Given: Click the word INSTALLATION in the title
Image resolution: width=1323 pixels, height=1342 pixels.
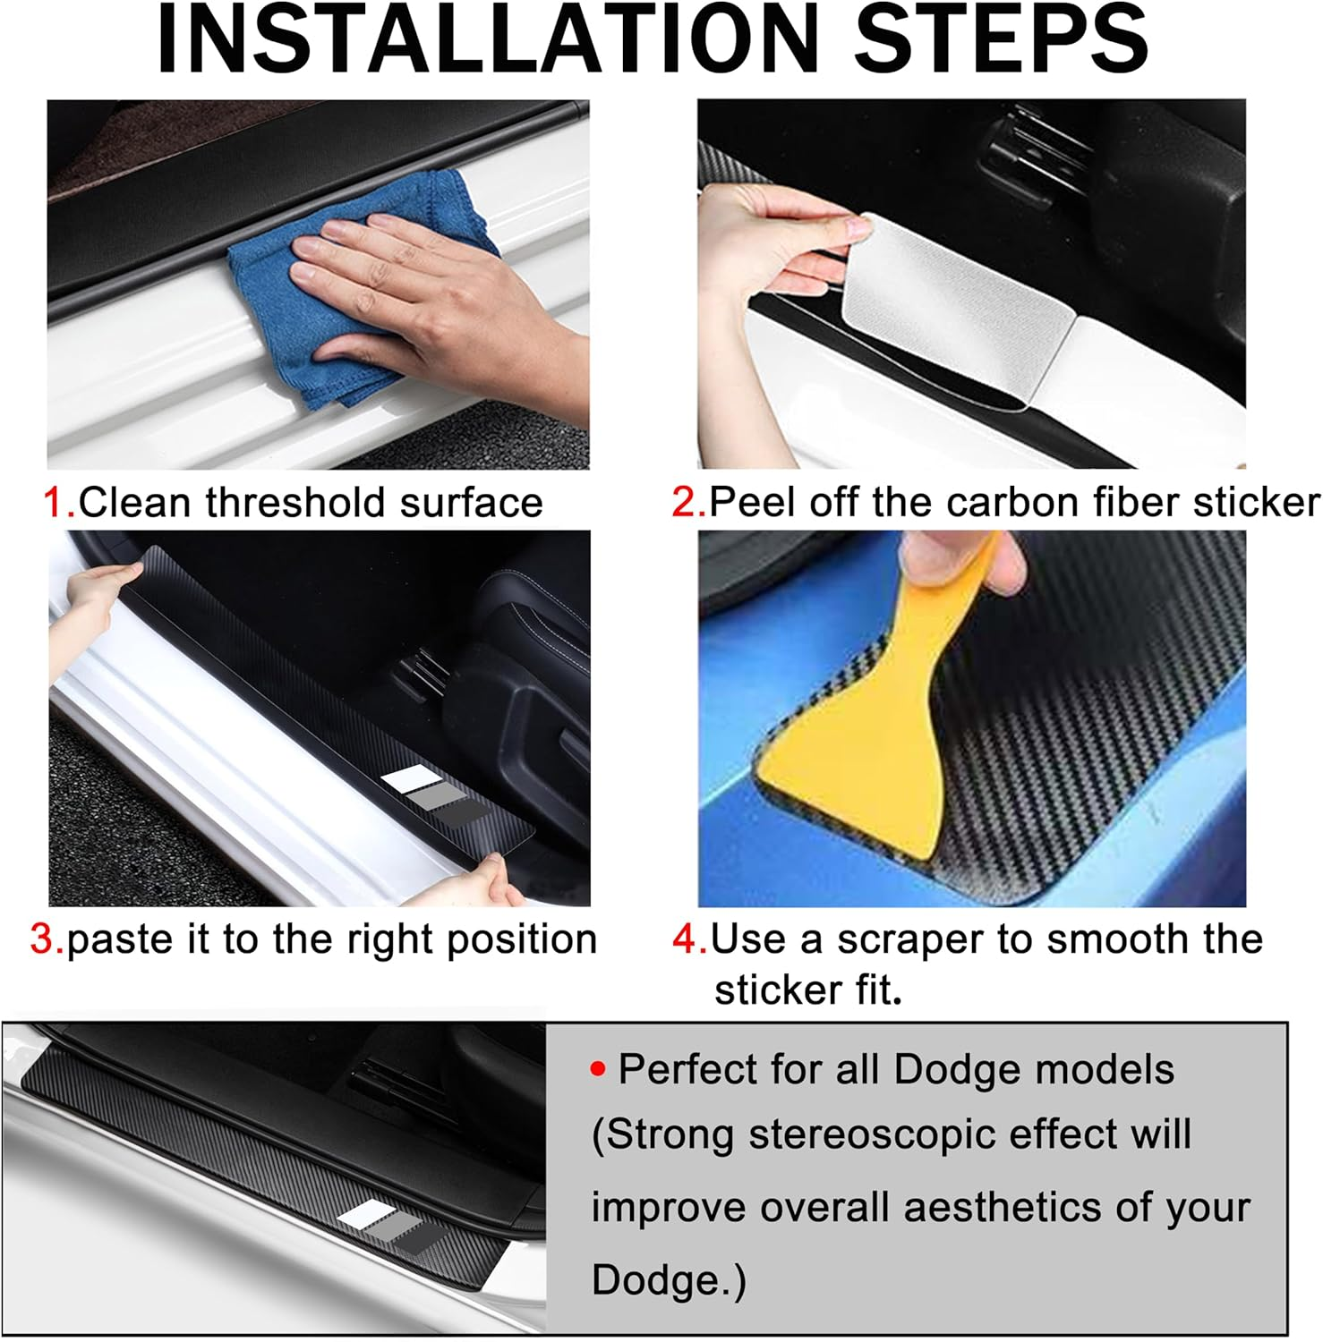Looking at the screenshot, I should (488, 39).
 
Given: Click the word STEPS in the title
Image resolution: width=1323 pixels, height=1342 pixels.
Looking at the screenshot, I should (1001, 39).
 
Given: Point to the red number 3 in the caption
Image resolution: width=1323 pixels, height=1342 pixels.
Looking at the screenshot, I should (45, 940).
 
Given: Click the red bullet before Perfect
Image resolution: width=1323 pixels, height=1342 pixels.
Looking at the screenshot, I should (598, 1069).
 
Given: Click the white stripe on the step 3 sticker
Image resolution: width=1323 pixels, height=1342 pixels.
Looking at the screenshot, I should (412, 779).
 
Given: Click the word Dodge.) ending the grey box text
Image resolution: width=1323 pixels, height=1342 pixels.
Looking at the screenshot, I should (668, 1280).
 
